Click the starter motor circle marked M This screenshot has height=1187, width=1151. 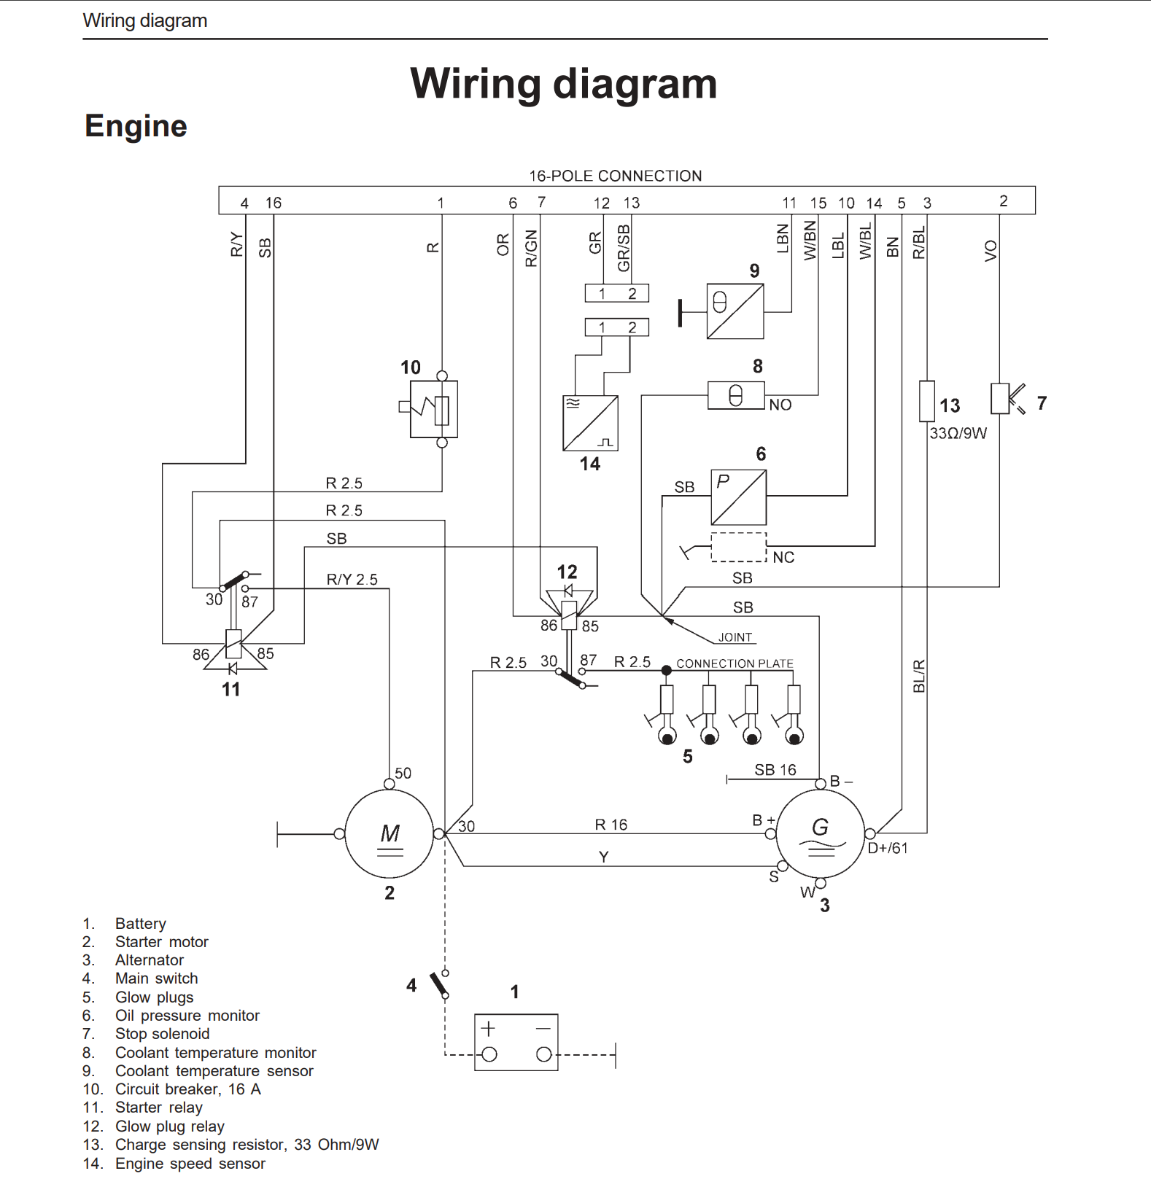(x=390, y=833)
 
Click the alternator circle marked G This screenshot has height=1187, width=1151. (x=821, y=833)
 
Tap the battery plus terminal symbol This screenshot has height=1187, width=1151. (x=489, y=1029)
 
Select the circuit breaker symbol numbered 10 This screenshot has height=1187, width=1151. (x=434, y=409)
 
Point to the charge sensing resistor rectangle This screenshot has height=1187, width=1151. (x=926, y=400)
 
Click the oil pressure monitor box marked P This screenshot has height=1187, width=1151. (x=738, y=497)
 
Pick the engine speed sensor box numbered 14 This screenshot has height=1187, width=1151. (x=590, y=423)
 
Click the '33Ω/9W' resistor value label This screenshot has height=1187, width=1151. (x=958, y=433)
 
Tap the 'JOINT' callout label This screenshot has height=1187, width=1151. (x=735, y=637)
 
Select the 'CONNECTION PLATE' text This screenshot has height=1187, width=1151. (x=735, y=663)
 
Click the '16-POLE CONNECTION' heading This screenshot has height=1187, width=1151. (x=615, y=176)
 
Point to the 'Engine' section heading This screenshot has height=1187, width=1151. (x=136, y=126)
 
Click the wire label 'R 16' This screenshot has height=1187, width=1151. (x=611, y=825)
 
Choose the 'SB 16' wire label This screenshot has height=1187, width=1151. (x=775, y=770)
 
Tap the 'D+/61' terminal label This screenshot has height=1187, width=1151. (x=888, y=848)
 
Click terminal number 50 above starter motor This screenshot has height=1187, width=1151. (x=403, y=773)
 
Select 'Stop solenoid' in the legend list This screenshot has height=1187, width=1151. (x=162, y=1034)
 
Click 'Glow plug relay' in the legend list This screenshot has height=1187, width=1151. (x=169, y=1126)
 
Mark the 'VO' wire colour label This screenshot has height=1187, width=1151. (x=990, y=251)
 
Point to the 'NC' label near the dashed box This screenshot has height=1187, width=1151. (x=783, y=558)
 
